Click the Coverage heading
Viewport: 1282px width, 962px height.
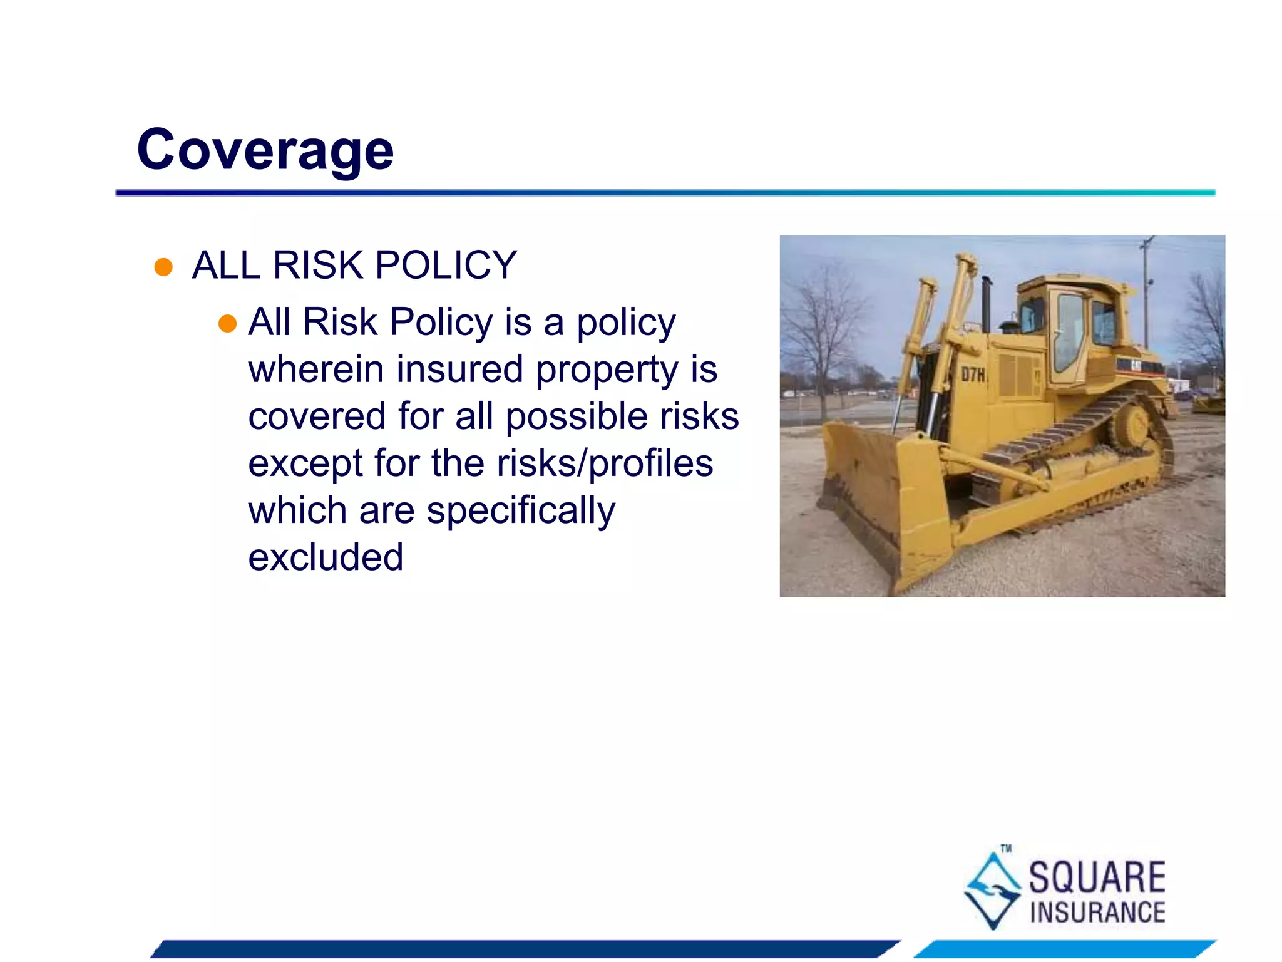tap(265, 150)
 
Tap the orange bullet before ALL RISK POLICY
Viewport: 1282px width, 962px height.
tap(163, 267)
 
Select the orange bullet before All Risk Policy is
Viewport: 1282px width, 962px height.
tap(227, 324)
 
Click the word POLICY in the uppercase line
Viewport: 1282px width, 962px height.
tap(446, 265)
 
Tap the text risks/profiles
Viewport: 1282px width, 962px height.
tap(605, 463)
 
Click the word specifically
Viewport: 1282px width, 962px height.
tap(521, 510)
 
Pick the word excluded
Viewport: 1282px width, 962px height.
tap(326, 557)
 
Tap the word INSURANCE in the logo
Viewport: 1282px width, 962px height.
tap(1097, 913)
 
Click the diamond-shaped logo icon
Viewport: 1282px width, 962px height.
tap(993, 889)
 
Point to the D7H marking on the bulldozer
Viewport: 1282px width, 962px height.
tap(973, 375)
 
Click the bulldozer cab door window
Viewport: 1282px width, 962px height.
tap(1069, 332)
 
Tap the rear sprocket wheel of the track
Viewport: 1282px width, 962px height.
tap(1131, 426)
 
